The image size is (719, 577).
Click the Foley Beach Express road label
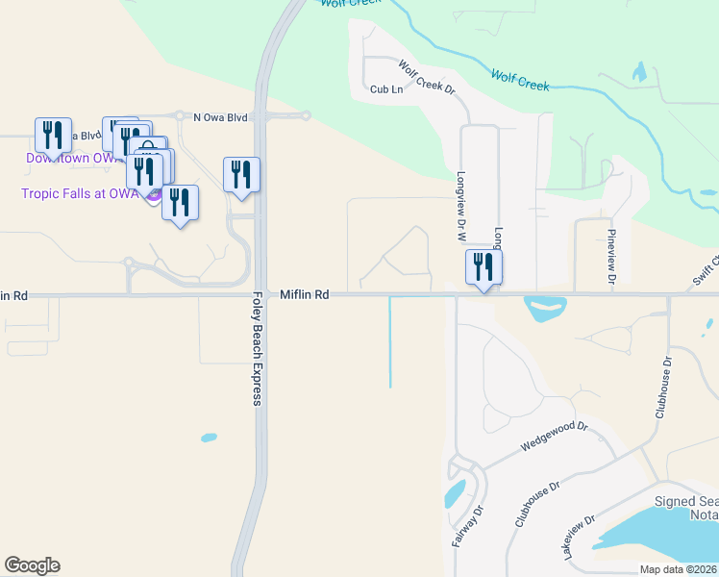pyautogui.click(x=258, y=348)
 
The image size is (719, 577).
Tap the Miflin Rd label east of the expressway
pyautogui.click(x=305, y=294)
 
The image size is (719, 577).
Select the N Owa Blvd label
pyautogui.click(x=220, y=117)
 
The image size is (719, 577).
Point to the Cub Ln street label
pyautogui.click(x=385, y=89)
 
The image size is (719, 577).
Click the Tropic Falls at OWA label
pyautogui.click(x=80, y=193)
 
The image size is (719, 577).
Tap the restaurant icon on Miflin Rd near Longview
pyautogui.click(x=483, y=267)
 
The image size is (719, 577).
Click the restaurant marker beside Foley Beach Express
pyautogui.click(x=241, y=175)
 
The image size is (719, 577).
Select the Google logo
pyautogui.click(x=32, y=565)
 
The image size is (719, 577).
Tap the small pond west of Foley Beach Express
pyautogui.click(x=209, y=439)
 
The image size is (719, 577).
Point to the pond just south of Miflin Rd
pyautogui.click(x=545, y=310)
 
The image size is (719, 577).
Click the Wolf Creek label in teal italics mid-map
pyautogui.click(x=519, y=80)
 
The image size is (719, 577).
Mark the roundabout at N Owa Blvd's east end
pyautogui.click(x=306, y=116)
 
